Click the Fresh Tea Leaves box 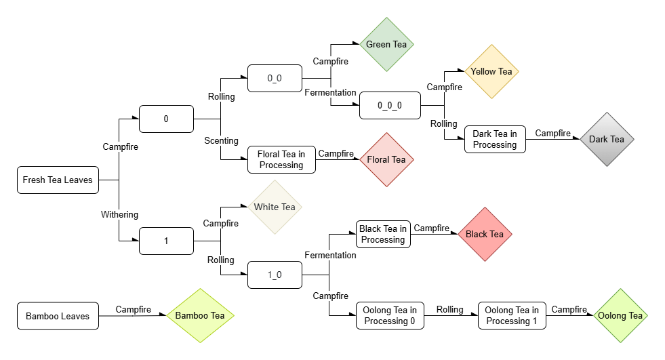point(57,180)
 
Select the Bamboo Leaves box point(57,316)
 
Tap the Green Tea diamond point(386,45)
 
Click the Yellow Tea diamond point(491,71)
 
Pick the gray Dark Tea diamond point(607,139)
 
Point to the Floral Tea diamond point(386,159)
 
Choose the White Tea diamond point(275,207)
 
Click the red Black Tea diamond point(485,234)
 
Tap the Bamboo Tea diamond point(200,315)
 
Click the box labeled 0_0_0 point(390,106)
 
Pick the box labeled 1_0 point(275,275)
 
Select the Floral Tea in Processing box point(281,159)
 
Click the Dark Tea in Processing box point(495,139)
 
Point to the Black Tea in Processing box point(384,234)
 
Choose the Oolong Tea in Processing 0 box point(390,315)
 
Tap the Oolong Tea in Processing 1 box point(512,315)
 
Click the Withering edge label point(119,215)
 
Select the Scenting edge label point(222,141)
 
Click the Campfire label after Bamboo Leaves point(133,309)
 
